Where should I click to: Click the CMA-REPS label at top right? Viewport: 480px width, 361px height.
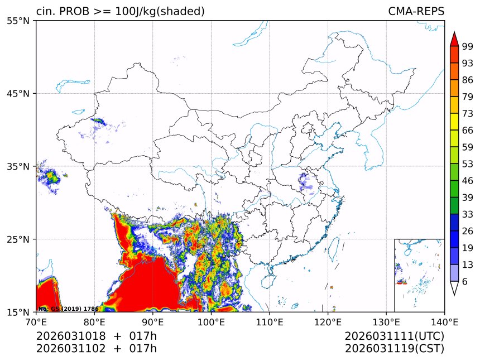416,11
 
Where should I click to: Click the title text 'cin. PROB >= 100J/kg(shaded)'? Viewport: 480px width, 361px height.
120,11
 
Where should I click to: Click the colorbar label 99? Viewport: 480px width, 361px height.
468,47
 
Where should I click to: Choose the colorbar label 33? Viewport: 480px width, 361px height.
468,214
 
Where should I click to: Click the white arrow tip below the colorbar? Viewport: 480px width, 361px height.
454,290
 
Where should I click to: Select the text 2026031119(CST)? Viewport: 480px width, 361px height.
394,349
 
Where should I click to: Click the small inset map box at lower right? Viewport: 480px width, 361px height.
419,275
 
